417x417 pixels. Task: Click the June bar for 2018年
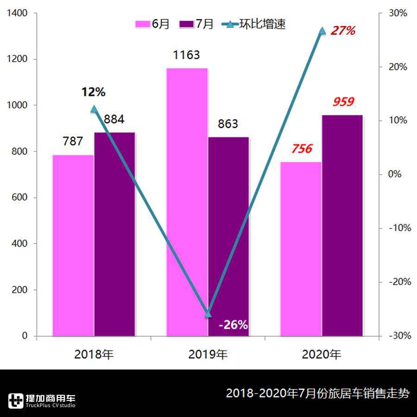[73, 246]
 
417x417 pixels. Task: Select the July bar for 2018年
[114, 234]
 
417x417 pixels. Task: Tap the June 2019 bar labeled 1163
[187, 202]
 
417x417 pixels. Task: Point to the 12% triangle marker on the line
[94, 109]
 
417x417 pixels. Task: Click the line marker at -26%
[208, 314]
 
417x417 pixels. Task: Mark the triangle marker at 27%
[322, 31]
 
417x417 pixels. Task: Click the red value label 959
[343, 102]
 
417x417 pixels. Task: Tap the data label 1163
[186, 55]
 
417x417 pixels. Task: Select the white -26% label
[233, 325]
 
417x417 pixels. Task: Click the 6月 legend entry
[153, 24]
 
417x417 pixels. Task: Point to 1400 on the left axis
[18, 13]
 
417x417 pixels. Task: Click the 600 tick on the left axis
[20, 197]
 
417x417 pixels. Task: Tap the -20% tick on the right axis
[399, 282]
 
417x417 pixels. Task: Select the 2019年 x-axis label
[208, 355]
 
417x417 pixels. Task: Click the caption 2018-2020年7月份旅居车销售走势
[317, 394]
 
